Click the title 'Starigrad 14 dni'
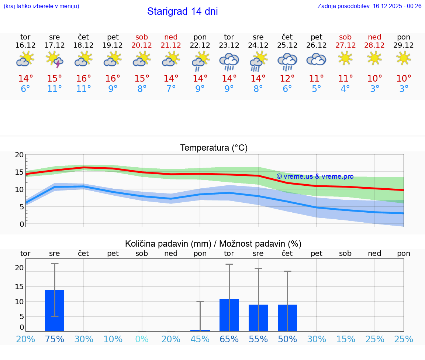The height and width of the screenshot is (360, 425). [182, 11]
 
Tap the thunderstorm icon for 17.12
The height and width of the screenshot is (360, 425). [55, 59]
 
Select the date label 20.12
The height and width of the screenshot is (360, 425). [142, 45]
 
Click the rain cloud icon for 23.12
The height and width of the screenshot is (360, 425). [229, 61]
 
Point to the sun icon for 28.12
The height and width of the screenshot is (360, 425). [374, 58]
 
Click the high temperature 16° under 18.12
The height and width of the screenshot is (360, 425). [84, 79]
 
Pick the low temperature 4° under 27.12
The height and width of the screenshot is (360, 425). [345, 89]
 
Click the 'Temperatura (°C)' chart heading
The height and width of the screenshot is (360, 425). [214, 148]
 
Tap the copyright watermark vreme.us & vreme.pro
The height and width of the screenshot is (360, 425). [315, 176]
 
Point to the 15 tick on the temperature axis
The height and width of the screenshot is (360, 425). [19, 172]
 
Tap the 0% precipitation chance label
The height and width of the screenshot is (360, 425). [142, 339]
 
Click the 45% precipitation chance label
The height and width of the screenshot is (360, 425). [200, 339]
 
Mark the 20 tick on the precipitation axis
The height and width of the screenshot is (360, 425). [19, 268]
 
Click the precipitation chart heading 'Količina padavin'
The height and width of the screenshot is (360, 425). [213, 244]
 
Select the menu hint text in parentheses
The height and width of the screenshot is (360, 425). [41, 6]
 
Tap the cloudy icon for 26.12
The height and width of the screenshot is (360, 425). [316, 59]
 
